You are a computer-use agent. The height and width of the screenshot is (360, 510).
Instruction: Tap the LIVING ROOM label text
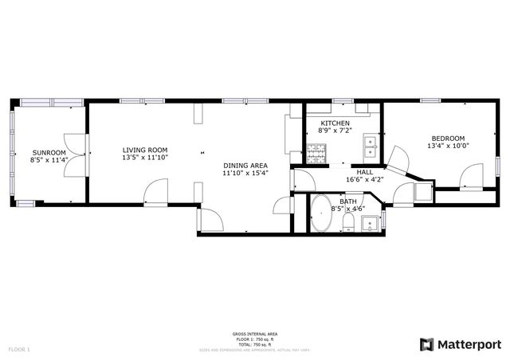coord(144,150)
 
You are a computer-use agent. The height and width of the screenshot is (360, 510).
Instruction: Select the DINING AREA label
coord(245,164)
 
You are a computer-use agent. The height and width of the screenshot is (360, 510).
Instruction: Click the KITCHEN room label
coord(335,123)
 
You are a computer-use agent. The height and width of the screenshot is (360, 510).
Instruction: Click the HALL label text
coord(365,171)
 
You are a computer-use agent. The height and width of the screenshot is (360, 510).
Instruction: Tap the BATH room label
coord(348,202)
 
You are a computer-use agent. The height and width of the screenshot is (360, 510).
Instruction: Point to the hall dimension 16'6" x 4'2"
coord(365,180)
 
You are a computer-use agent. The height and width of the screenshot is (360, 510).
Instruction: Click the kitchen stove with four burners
coord(316,152)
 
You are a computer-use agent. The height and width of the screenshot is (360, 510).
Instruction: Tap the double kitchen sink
coord(370,144)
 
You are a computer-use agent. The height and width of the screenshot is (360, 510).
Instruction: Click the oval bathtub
coord(322,213)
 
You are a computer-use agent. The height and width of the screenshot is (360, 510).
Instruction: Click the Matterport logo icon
coord(427,344)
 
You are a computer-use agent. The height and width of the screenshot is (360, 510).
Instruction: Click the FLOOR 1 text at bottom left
coord(18,349)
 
